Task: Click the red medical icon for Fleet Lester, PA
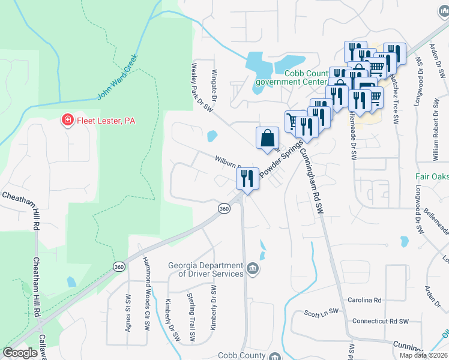pyautogui.click(x=68, y=121)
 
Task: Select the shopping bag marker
pyautogui.click(x=267, y=138)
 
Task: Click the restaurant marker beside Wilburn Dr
pyautogui.click(x=247, y=179)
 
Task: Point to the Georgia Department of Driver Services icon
pyautogui.click(x=253, y=268)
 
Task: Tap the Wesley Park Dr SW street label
pyautogui.click(x=202, y=88)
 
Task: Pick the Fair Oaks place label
pyautogui.click(x=432, y=177)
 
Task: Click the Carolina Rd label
pyautogui.click(x=364, y=300)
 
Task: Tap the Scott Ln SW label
pyautogui.click(x=321, y=313)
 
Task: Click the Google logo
pyautogui.click(x=20, y=353)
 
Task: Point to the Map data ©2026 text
pyautogui.click(x=423, y=355)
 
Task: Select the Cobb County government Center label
pyautogui.click(x=291, y=77)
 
